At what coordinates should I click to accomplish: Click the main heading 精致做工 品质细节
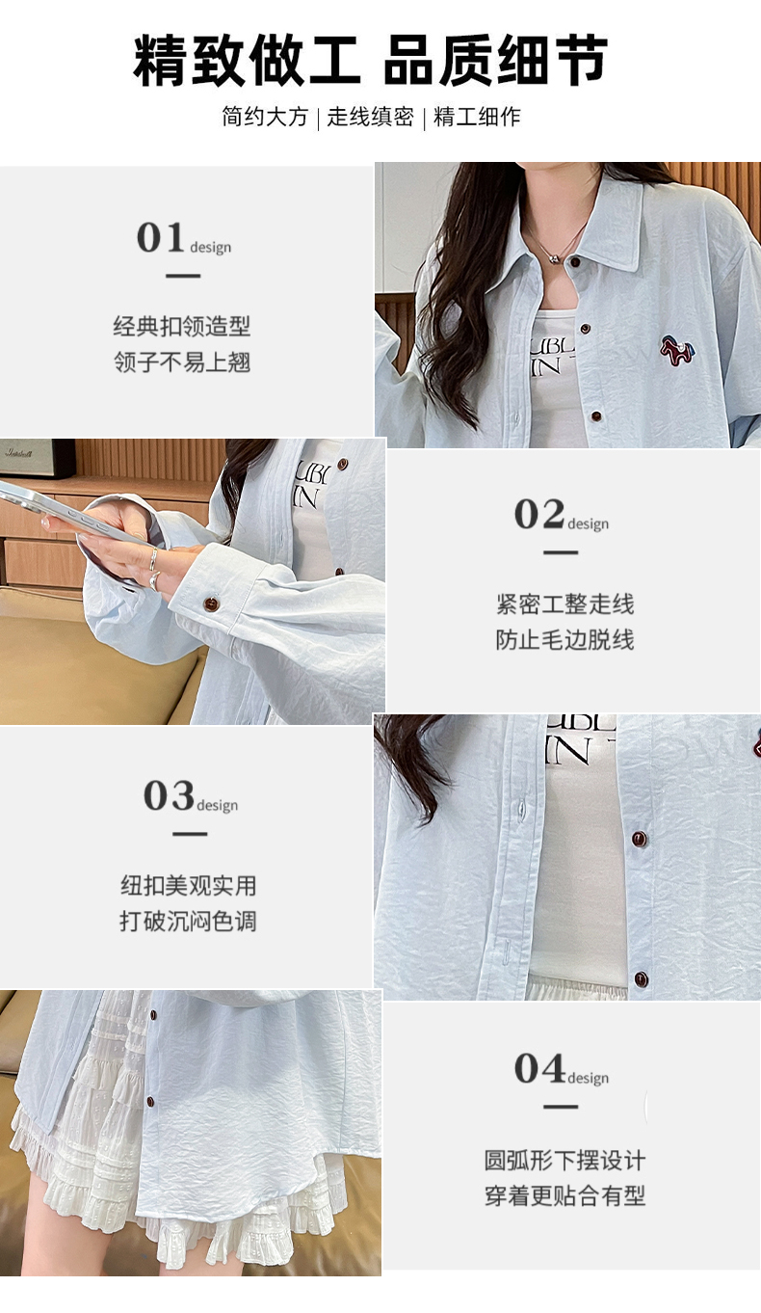point(370,61)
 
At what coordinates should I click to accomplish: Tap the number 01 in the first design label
point(160,237)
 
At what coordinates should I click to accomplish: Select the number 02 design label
point(562,514)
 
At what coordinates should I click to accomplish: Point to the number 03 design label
point(191,795)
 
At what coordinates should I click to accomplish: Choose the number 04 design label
point(562,1068)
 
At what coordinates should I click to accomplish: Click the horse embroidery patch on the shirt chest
point(677,350)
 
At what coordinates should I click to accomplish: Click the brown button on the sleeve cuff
point(211,603)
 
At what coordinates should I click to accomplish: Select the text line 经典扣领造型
point(182,327)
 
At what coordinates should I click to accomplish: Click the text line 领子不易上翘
point(182,362)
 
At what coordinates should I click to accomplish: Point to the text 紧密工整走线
point(564,603)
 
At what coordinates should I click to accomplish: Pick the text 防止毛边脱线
point(564,639)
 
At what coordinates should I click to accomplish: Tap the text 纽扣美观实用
point(188,885)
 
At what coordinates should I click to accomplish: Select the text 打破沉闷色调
point(188,921)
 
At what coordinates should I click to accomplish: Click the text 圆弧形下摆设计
point(564,1160)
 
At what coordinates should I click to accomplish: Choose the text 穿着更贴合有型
point(564,1195)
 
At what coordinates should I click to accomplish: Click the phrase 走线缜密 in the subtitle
point(370,117)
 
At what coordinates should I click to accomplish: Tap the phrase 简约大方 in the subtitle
point(265,117)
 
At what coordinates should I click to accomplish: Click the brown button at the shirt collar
point(575,262)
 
